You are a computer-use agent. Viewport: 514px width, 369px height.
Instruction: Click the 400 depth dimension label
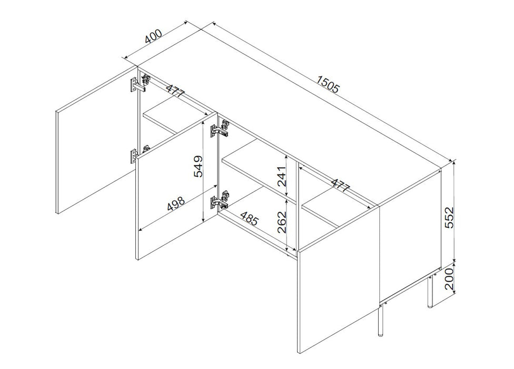point(153,36)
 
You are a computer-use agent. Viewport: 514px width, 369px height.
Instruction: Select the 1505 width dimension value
point(328,84)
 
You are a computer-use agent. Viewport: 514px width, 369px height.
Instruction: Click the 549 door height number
point(199,166)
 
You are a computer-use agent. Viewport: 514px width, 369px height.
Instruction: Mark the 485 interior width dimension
point(250,218)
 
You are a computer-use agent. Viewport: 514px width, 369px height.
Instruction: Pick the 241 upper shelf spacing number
point(282,176)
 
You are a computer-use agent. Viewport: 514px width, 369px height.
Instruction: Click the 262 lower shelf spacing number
point(282,222)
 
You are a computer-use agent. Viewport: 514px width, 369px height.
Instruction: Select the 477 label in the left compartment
point(175,90)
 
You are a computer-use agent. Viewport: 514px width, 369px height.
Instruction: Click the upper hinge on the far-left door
point(140,83)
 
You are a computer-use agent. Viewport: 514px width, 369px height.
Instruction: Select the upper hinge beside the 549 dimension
point(219,129)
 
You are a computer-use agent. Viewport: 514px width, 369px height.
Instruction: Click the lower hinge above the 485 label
point(219,200)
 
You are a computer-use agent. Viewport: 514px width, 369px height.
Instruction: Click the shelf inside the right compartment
point(338,209)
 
